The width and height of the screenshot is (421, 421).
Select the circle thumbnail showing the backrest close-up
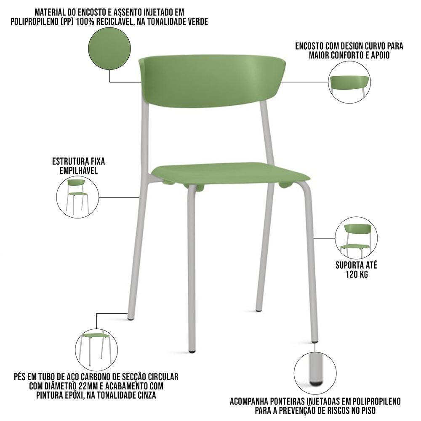click(349, 82)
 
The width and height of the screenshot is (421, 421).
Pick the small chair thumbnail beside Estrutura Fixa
click(77, 196)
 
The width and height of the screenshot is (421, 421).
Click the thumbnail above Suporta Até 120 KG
click(356, 238)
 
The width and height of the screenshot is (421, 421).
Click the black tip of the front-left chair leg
click(192, 350)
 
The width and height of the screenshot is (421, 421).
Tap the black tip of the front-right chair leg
click(315, 341)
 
